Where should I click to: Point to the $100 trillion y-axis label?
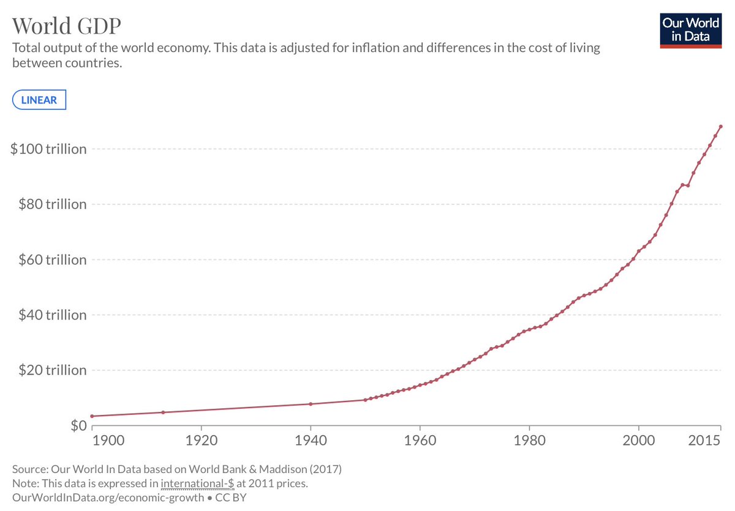(48, 149)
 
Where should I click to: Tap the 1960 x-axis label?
(420, 441)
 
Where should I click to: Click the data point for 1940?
(311, 404)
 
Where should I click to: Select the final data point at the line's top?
(721, 127)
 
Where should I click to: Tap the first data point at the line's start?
(92, 416)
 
